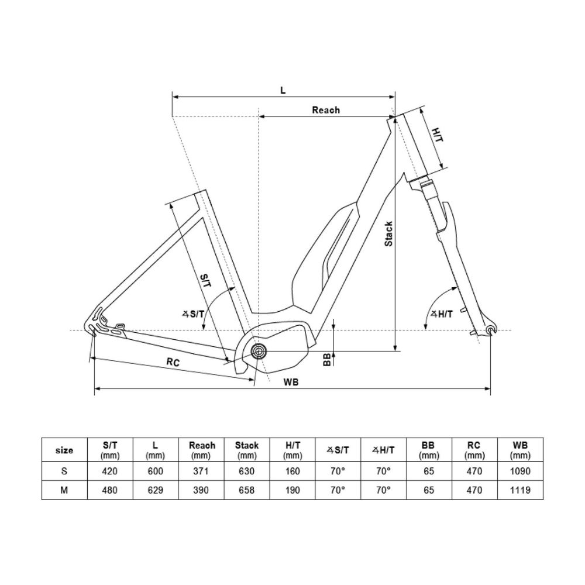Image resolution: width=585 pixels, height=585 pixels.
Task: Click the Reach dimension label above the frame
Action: [x=325, y=109]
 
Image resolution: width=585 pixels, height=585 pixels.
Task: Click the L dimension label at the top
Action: [x=283, y=90]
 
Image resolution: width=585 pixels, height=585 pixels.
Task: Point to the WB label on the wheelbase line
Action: [x=291, y=382]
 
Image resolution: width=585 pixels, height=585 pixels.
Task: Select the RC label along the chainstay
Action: [x=173, y=362]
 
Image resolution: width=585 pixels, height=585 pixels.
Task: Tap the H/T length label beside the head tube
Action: [x=437, y=135]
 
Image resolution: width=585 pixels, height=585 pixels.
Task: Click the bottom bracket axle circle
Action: [x=259, y=351]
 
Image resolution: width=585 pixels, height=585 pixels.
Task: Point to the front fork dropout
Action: [x=490, y=332]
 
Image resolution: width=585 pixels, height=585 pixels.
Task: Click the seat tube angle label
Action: [x=193, y=314]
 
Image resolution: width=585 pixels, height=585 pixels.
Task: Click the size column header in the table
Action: [x=64, y=450]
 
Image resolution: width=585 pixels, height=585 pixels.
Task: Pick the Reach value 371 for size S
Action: [x=201, y=471]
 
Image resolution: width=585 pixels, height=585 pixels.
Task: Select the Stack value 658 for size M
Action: [x=247, y=490]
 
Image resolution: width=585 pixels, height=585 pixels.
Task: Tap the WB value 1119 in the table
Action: [x=520, y=490]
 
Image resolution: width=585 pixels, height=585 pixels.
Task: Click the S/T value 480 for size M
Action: [x=110, y=490]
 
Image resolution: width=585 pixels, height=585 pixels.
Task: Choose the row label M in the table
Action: [x=64, y=490]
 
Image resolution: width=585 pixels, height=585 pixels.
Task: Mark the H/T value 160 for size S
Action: [x=292, y=471]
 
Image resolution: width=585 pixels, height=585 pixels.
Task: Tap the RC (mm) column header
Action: [x=474, y=450]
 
